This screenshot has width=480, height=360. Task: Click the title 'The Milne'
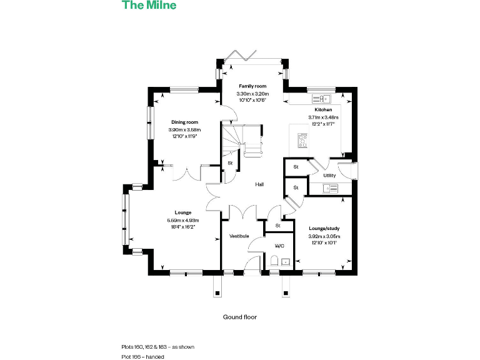click(149, 5)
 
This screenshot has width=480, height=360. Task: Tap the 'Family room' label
click(252, 86)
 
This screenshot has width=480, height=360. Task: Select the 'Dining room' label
click(184, 122)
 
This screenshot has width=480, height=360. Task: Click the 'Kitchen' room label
click(323, 109)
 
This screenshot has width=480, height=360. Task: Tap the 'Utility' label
click(329, 176)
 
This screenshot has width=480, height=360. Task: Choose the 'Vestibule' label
click(239, 236)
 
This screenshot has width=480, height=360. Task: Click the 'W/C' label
click(279, 246)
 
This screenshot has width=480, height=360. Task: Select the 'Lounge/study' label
click(324, 229)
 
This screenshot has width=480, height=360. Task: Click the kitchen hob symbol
click(303, 141)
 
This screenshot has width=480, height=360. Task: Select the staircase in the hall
click(241, 141)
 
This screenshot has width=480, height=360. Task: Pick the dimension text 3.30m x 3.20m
click(252, 94)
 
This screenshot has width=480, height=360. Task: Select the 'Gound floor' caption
click(240, 317)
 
